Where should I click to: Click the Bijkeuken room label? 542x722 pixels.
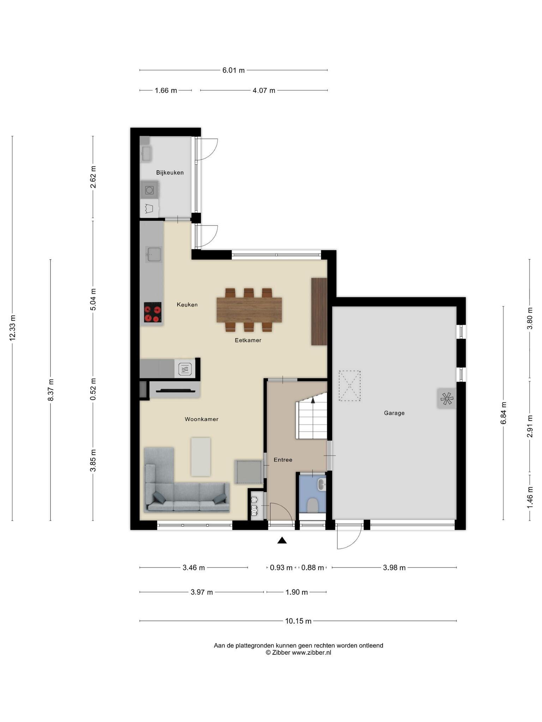[170, 173]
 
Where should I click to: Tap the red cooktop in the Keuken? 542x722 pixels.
[152, 312]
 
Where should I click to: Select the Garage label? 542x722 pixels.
[394, 413]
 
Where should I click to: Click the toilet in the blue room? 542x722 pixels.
[312, 505]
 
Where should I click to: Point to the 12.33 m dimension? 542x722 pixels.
[13, 328]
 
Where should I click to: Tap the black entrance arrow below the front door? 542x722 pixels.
[282, 540]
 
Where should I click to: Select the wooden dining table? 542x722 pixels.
[249, 310]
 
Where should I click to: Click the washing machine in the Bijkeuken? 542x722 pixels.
[149, 190]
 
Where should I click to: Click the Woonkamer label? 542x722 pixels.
[201, 419]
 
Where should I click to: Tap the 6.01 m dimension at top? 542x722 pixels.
[233, 70]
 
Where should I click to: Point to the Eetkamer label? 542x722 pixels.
[248, 340]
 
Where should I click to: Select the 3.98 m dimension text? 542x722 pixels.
[394, 568]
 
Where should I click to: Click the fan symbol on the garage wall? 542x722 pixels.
[446, 399]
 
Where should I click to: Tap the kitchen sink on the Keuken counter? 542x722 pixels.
[154, 254]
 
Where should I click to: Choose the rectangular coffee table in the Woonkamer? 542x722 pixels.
[201, 457]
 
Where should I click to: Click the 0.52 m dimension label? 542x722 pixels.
[93, 389]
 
